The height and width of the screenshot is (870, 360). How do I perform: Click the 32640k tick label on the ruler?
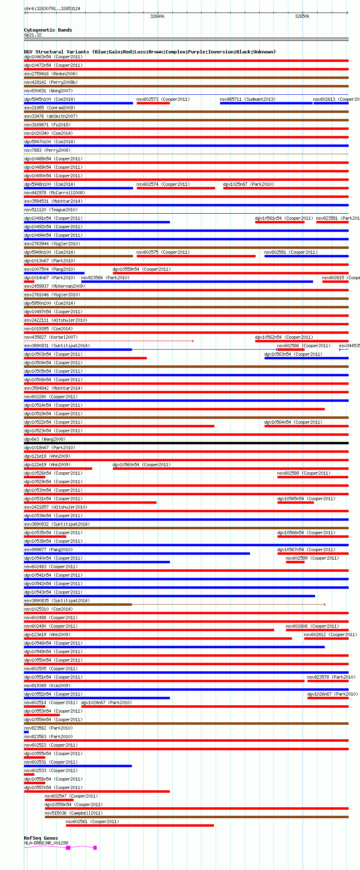(157, 17)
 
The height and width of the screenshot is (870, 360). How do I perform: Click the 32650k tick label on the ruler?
(302, 17)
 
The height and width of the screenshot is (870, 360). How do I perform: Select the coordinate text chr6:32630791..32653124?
(52, 8)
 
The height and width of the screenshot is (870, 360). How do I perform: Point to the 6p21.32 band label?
(33, 35)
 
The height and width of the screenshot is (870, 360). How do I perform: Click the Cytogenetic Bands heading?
(48, 30)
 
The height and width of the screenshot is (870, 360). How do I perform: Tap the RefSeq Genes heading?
(41, 838)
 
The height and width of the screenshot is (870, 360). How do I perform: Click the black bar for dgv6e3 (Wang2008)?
(186, 443)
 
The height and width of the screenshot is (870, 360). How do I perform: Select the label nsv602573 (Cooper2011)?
(163, 99)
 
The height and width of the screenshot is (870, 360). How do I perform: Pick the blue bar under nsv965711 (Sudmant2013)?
(266, 103)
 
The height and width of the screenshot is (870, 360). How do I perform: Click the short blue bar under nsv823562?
(26, 732)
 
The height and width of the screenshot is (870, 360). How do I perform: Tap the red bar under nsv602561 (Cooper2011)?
(140, 825)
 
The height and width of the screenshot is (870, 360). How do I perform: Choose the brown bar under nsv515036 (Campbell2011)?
(196, 817)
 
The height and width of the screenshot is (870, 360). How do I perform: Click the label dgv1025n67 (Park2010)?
(248, 184)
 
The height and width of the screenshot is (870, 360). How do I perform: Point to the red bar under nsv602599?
(295, 562)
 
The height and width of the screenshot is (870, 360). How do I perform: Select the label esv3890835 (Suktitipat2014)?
(57, 601)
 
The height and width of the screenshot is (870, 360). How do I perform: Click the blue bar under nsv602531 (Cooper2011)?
(78, 766)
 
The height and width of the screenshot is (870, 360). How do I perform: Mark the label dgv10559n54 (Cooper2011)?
(142, 269)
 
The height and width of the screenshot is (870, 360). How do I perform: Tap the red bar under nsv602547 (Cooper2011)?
(59, 800)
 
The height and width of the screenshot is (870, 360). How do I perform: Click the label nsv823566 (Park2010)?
(105, 278)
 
